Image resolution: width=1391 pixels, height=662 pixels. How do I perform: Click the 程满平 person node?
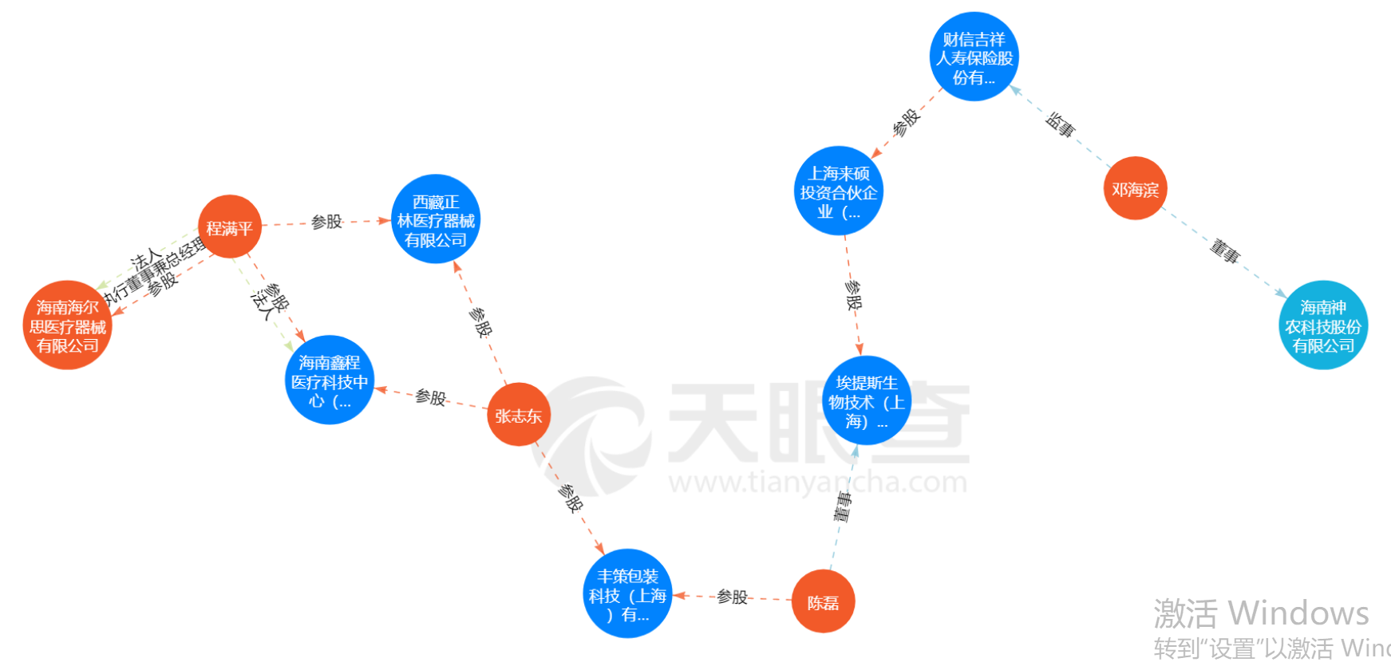[x=230, y=227]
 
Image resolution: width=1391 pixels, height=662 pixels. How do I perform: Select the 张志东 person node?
[x=518, y=415]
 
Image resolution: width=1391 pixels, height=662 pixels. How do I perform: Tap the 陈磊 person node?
[x=823, y=602]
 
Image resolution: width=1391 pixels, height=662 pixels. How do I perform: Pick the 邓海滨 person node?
[x=1135, y=189]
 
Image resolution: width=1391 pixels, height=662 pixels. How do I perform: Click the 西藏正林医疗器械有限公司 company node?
[x=436, y=219]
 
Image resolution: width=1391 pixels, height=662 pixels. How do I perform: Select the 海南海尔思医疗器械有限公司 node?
[x=67, y=325]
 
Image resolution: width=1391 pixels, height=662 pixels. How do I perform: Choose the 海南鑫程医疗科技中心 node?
[x=330, y=380]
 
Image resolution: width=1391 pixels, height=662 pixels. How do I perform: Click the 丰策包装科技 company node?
[x=627, y=594]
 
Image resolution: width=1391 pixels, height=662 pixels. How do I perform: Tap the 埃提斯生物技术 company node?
[x=866, y=401]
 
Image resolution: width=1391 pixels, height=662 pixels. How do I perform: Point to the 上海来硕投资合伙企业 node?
[x=838, y=191]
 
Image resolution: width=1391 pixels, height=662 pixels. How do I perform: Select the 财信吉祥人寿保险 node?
[x=974, y=57]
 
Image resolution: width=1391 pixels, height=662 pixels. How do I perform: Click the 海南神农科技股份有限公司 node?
[x=1322, y=325]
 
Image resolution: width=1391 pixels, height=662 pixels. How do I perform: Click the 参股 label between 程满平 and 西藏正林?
[x=326, y=222]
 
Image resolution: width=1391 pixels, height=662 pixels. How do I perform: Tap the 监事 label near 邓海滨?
[x=1060, y=124]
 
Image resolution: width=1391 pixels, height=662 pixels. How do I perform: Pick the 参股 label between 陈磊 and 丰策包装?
[x=732, y=597]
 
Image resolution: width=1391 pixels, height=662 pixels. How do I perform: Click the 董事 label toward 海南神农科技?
[x=1224, y=251]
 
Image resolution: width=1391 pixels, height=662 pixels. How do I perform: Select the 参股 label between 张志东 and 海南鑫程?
[x=430, y=396]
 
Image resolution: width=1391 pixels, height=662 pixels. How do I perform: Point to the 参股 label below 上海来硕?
[x=853, y=296]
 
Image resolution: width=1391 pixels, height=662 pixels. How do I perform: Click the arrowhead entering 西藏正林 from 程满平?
[x=385, y=220]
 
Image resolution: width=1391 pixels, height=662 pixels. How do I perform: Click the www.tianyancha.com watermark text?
[x=818, y=483]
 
